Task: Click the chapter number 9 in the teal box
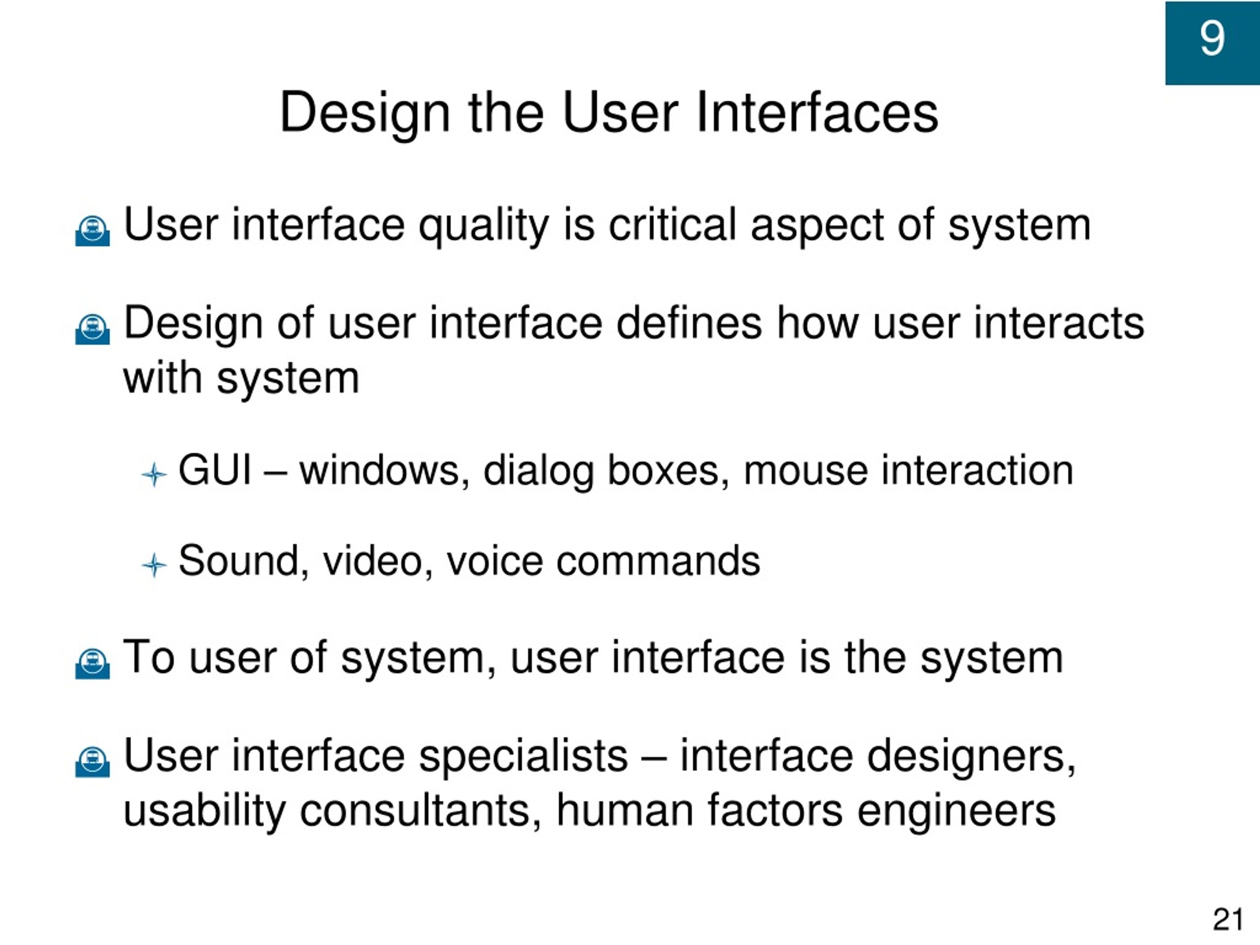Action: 1212,38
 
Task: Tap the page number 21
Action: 1228,919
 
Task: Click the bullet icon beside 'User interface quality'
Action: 92,230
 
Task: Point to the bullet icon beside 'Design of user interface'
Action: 92,329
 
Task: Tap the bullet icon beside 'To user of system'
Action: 92,663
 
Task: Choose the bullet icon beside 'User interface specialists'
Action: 92,761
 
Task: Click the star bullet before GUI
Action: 154,474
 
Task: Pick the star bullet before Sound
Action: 154,565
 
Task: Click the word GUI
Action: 215,471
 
